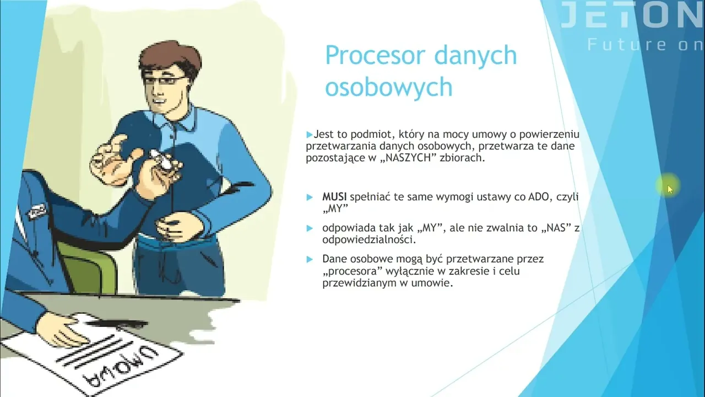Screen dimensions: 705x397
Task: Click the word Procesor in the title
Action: click(375, 56)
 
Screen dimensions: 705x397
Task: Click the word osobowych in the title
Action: click(389, 87)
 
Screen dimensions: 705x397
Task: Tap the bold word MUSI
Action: click(334, 197)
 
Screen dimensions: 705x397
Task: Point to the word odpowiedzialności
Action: click(369, 240)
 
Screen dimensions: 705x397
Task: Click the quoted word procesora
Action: click(352, 271)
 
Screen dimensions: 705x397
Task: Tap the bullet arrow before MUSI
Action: click(310, 197)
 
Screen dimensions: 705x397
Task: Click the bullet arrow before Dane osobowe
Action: click(310, 259)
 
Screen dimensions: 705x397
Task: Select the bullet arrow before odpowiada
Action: click(310, 228)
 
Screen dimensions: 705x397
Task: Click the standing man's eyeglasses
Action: click(164, 80)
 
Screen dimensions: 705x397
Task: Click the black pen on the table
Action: click(116, 324)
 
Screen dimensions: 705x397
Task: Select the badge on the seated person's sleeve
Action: click(37, 211)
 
